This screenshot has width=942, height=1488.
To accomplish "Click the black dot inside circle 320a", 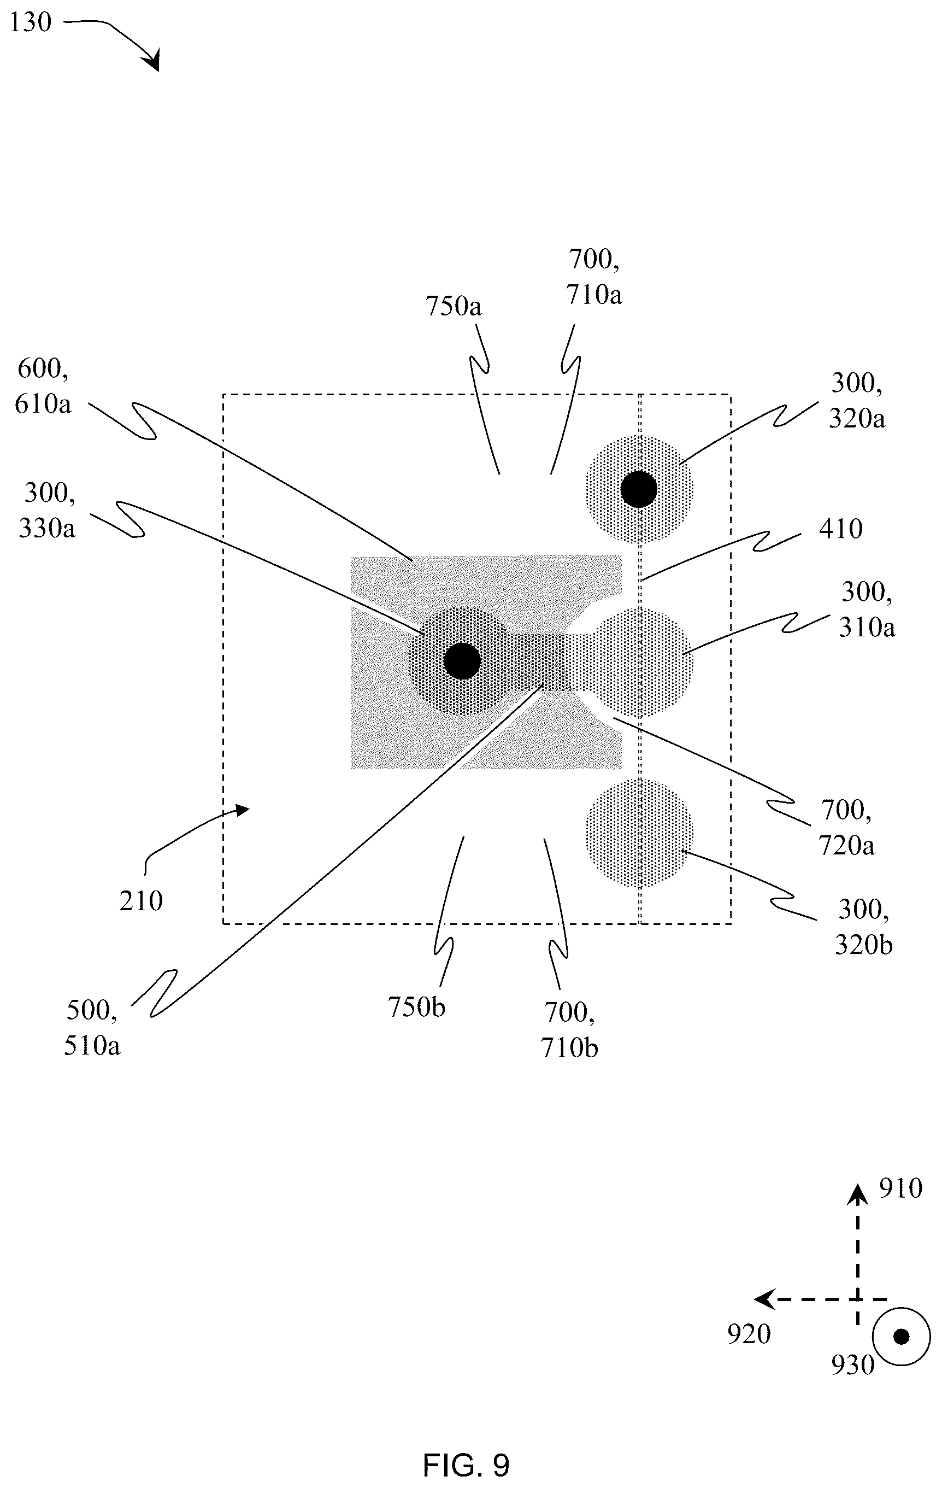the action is [x=639, y=489].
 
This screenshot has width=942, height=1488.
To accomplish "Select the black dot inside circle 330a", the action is [x=462, y=660].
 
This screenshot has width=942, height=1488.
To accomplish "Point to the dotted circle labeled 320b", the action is [x=639, y=834].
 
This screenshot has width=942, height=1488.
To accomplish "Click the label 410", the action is [x=841, y=529].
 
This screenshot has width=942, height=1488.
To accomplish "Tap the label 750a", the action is [x=454, y=307].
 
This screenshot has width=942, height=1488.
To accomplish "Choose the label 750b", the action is [x=416, y=1007].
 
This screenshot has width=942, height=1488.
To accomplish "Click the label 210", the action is [x=141, y=901].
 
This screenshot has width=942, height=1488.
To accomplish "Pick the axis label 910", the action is [x=900, y=1188].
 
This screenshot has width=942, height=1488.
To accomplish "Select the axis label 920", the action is [x=749, y=1334].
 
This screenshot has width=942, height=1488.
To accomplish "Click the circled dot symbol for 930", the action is [x=901, y=1337].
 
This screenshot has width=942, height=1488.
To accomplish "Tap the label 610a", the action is [x=43, y=404].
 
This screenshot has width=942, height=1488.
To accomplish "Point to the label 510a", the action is [x=92, y=1046].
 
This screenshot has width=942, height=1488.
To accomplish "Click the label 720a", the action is [x=847, y=845].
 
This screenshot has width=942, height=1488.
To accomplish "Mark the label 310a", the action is [x=867, y=627].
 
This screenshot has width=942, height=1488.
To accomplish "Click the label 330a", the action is [x=47, y=528].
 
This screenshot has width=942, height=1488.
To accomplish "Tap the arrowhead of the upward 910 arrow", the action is [x=857, y=1194].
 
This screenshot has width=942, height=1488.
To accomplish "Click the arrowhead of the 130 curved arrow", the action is [x=151, y=61].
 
